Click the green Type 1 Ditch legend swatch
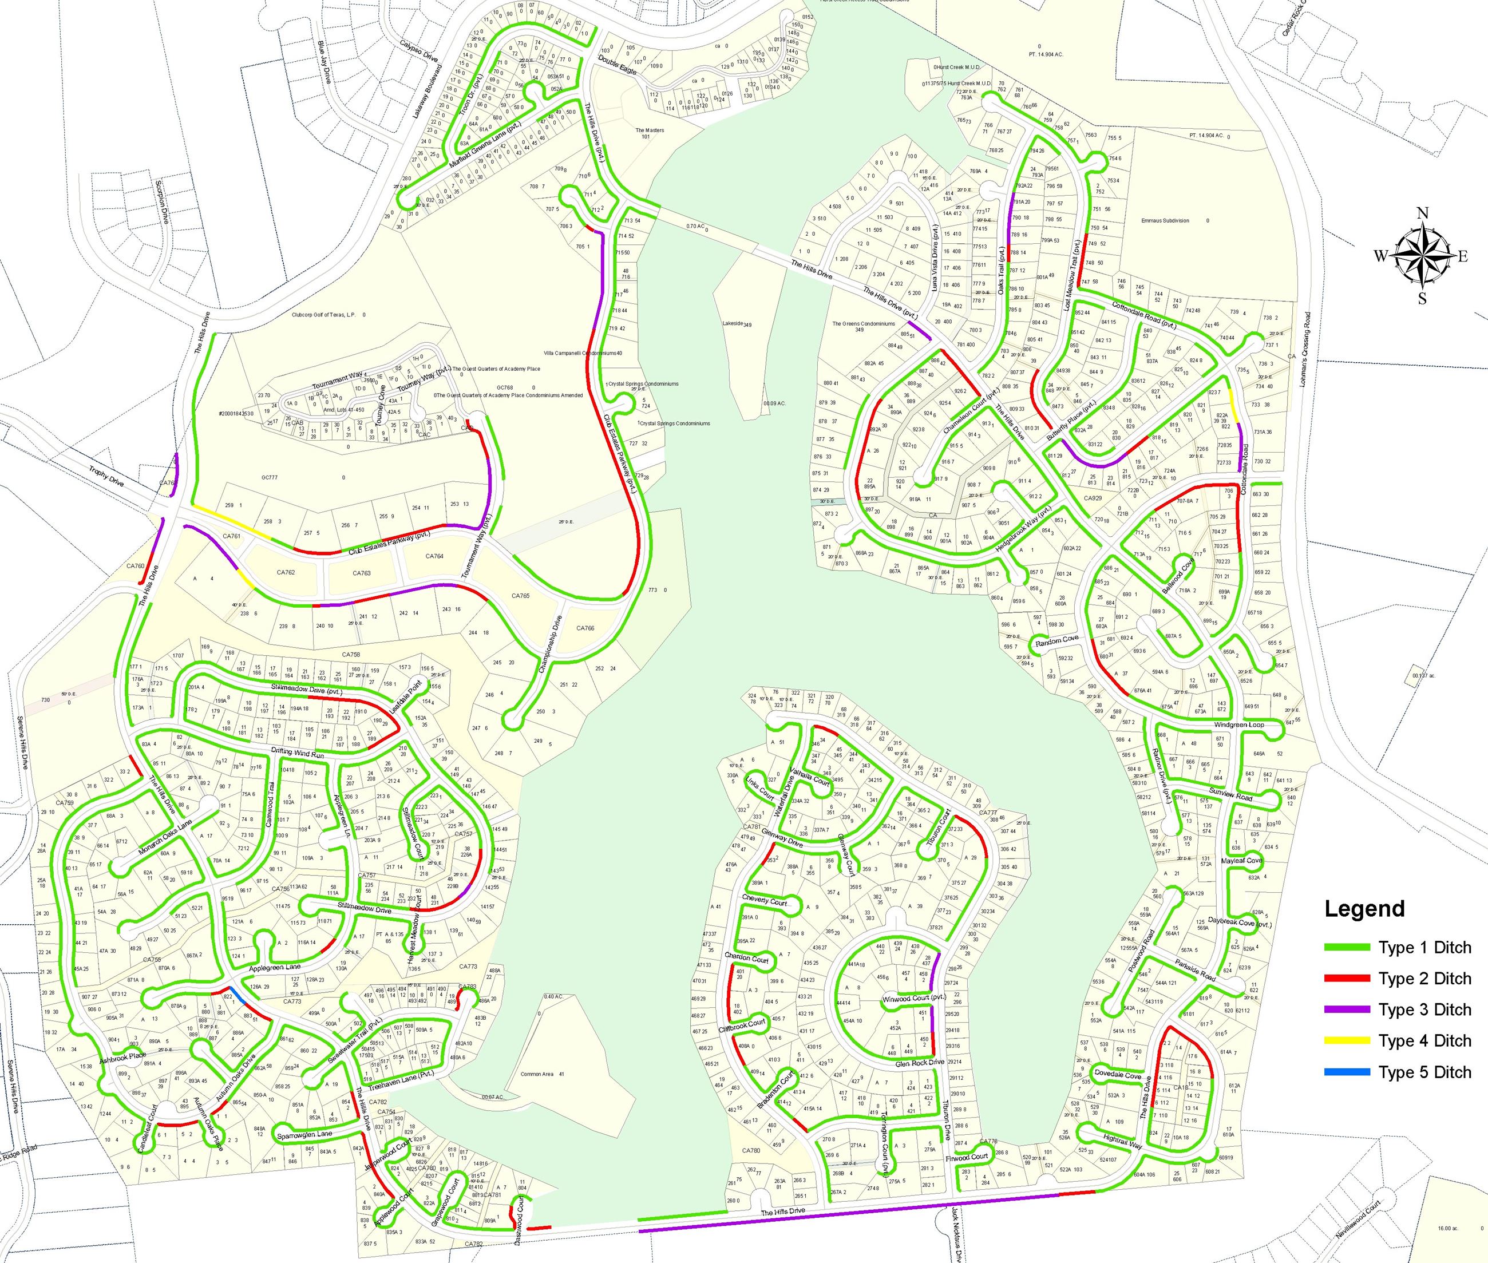(x=1346, y=947)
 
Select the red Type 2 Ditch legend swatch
(x=1346, y=978)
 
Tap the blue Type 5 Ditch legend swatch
(x=1346, y=1072)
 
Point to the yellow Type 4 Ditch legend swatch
(x=1346, y=1040)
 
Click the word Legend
(x=1364, y=909)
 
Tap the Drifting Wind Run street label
(x=298, y=754)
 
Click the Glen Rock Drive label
(x=920, y=1063)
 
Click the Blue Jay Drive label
(x=324, y=63)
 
